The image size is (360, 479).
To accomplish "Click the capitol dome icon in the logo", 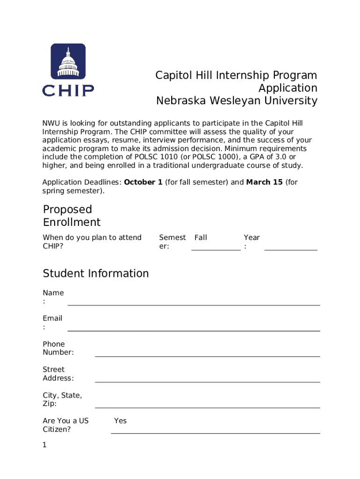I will (68, 61).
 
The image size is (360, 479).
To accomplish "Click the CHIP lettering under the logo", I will (68, 90).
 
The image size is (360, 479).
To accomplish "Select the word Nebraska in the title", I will (180, 101).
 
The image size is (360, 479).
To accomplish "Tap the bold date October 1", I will (143, 182).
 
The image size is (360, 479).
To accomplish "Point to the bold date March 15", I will (264, 182).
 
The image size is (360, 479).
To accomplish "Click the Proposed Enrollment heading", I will (72, 216).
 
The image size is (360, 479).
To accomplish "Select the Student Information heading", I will (96, 273).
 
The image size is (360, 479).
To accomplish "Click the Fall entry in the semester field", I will (201, 238).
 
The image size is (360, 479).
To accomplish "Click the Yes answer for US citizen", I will (120, 421).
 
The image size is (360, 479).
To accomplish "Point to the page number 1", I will (45, 445).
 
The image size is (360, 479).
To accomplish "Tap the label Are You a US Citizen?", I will (65, 425).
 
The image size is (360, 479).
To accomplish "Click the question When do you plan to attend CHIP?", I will (92, 242).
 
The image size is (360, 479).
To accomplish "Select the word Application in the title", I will (288, 88).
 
